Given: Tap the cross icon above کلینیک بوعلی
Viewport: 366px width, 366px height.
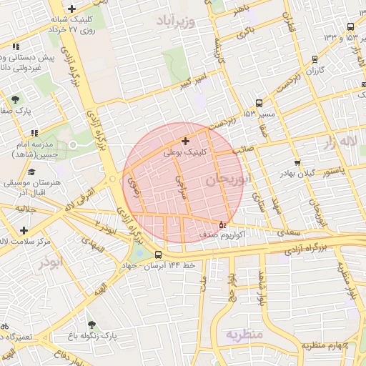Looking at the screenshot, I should click(186, 142).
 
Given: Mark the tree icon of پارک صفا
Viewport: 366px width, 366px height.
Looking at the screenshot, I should click(15, 99).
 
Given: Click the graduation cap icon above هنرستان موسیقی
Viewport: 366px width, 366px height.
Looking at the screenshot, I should click(31, 172).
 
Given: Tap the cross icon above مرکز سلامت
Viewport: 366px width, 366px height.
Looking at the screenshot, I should click(25, 230).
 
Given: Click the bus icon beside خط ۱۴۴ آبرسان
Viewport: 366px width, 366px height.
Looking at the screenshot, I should click(158, 254).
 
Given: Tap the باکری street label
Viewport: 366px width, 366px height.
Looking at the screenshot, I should click(245, 32).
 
